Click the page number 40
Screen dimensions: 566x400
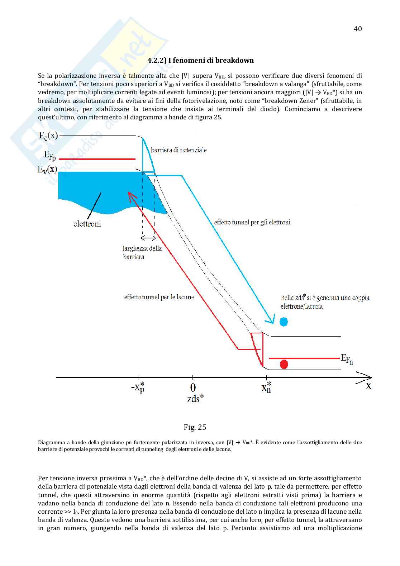tap(357, 29)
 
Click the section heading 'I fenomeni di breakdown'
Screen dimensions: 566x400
tap(201, 60)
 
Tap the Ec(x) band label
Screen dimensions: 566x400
tap(48, 136)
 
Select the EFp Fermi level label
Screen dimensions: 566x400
tap(50, 156)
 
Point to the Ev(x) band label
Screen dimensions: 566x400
tap(47, 169)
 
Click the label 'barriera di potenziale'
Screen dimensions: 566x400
tap(178, 150)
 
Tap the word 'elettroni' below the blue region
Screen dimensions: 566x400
tap(87, 224)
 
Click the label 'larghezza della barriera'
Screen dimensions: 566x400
tap(142, 252)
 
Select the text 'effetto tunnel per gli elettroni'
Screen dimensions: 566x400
tap(252, 222)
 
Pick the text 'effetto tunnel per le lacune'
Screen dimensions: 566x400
tap(159, 297)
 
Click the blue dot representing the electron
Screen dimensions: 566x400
tap(284, 322)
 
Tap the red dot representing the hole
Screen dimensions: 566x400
tap(284, 365)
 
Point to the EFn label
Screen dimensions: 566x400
tap(347, 359)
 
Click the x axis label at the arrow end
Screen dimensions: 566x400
tap(368, 386)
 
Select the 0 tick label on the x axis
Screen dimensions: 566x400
tap(193, 387)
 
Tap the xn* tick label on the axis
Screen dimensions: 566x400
tap(266, 387)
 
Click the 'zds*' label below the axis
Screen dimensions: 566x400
tap(195, 399)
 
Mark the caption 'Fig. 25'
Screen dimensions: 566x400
tap(195, 427)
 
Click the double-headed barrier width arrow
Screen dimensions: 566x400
tap(148, 238)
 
